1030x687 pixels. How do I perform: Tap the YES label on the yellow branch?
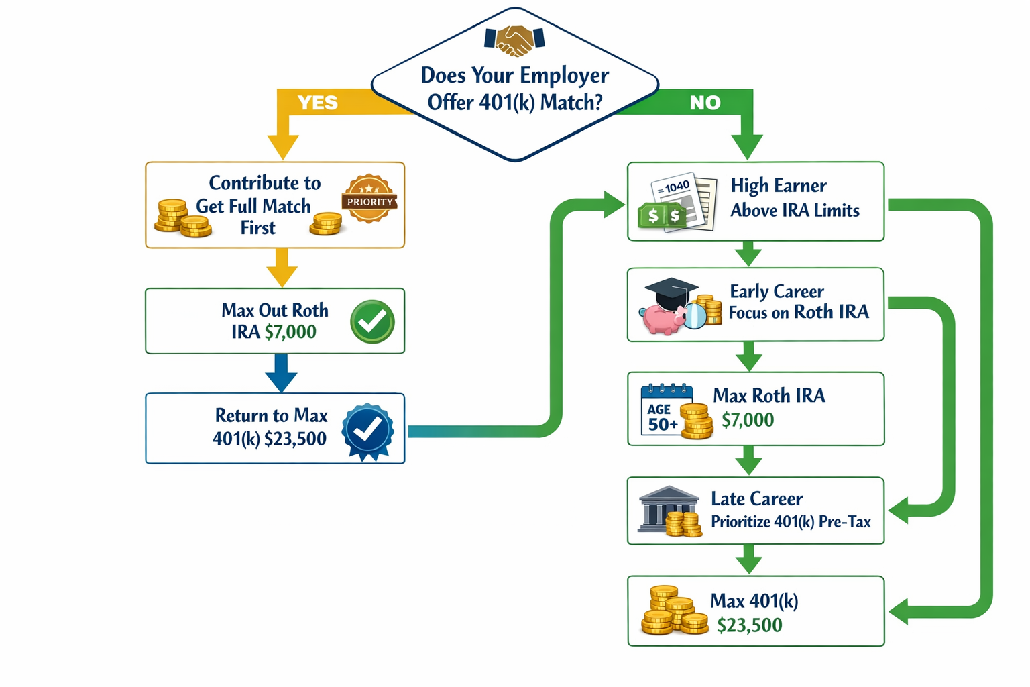coord(317,103)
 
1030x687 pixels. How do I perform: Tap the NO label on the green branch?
coord(705,103)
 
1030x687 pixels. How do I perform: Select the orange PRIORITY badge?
coord(369,199)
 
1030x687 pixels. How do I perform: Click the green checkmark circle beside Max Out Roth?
coord(372,322)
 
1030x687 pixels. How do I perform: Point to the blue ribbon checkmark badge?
coord(367,431)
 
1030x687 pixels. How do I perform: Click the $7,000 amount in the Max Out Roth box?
coord(290,332)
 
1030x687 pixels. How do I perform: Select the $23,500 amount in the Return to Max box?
coord(295,439)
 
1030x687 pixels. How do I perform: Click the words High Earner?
coord(778,186)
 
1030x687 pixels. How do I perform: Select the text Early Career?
coord(777,292)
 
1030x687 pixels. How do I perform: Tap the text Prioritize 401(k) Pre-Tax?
coord(791,522)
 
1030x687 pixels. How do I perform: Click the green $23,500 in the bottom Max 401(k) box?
coord(749,625)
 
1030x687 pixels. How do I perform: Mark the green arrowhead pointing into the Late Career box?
coord(899,510)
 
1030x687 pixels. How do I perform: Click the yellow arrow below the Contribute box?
coord(282,268)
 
